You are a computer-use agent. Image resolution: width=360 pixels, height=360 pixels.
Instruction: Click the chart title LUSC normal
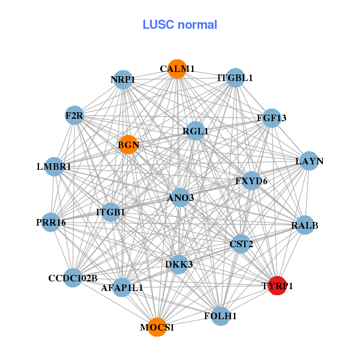tap(179, 25)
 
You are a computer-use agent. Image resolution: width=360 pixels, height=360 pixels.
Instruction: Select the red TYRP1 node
tap(277, 286)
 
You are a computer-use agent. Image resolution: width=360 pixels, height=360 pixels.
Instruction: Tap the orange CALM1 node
tap(176, 69)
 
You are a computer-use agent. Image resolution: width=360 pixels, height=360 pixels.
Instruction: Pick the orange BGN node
tap(128, 144)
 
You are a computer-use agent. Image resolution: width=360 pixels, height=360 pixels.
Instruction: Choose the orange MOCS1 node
tap(157, 327)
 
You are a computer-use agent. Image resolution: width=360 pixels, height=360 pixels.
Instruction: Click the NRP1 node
tap(123, 80)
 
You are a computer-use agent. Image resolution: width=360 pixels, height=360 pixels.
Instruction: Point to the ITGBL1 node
tap(235, 78)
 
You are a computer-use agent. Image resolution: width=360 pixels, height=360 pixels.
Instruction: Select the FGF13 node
tap(272, 118)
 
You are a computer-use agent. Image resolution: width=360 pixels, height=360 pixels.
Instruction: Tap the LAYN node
tap(309, 161)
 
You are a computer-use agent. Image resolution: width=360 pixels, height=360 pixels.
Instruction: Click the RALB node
tap(305, 226)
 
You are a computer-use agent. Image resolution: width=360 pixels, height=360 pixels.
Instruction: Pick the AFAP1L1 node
tap(122, 287)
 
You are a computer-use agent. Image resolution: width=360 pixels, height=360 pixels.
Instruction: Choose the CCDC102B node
tap(73, 278)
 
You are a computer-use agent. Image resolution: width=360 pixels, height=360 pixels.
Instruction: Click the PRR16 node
tap(51, 223)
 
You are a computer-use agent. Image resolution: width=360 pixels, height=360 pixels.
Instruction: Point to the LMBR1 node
tap(54, 166)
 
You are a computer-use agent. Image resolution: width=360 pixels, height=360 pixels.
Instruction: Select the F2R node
tap(74, 115)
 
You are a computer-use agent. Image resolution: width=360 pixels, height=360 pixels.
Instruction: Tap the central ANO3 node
tap(181, 197)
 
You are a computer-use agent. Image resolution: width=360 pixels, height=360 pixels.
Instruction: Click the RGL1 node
tap(196, 131)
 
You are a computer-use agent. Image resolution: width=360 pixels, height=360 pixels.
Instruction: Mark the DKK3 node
tap(179, 265)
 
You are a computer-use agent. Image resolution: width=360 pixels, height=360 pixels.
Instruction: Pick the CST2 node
tap(241, 244)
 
